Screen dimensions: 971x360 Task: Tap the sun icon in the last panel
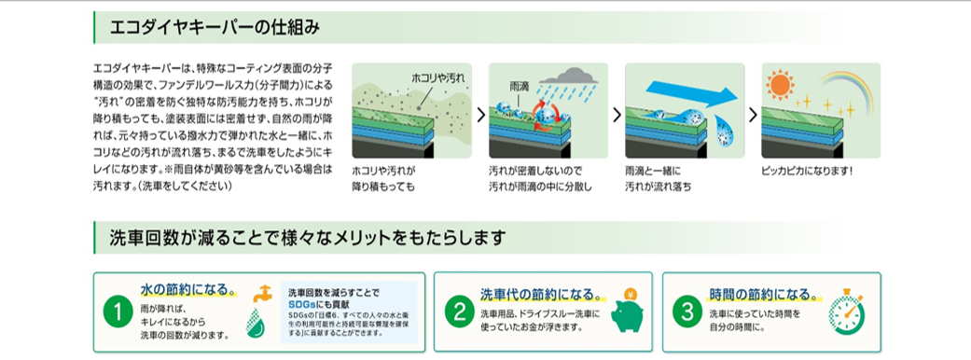click(779, 84)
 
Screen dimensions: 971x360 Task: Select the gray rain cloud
click(568, 76)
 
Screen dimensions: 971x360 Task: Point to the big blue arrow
click(687, 94)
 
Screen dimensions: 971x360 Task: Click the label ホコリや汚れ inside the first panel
click(437, 77)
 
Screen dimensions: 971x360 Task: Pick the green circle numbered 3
click(687, 312)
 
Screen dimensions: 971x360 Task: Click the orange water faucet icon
click(264, 293)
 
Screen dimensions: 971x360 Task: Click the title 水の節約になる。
click(188, 289)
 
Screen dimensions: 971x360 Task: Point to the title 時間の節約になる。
click(763, 293)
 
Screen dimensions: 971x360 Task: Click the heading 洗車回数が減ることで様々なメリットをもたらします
click(308, 237)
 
